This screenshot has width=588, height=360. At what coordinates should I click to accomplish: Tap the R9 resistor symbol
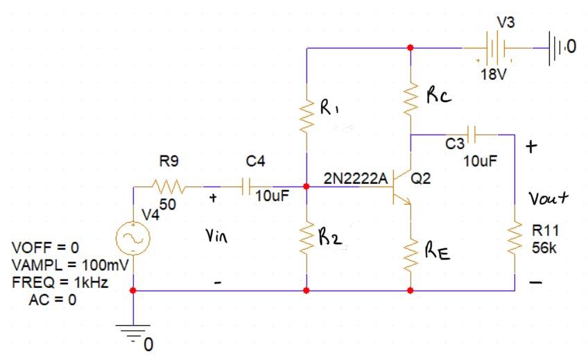[167, 187]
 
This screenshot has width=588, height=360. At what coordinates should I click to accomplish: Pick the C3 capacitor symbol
[472, 134]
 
